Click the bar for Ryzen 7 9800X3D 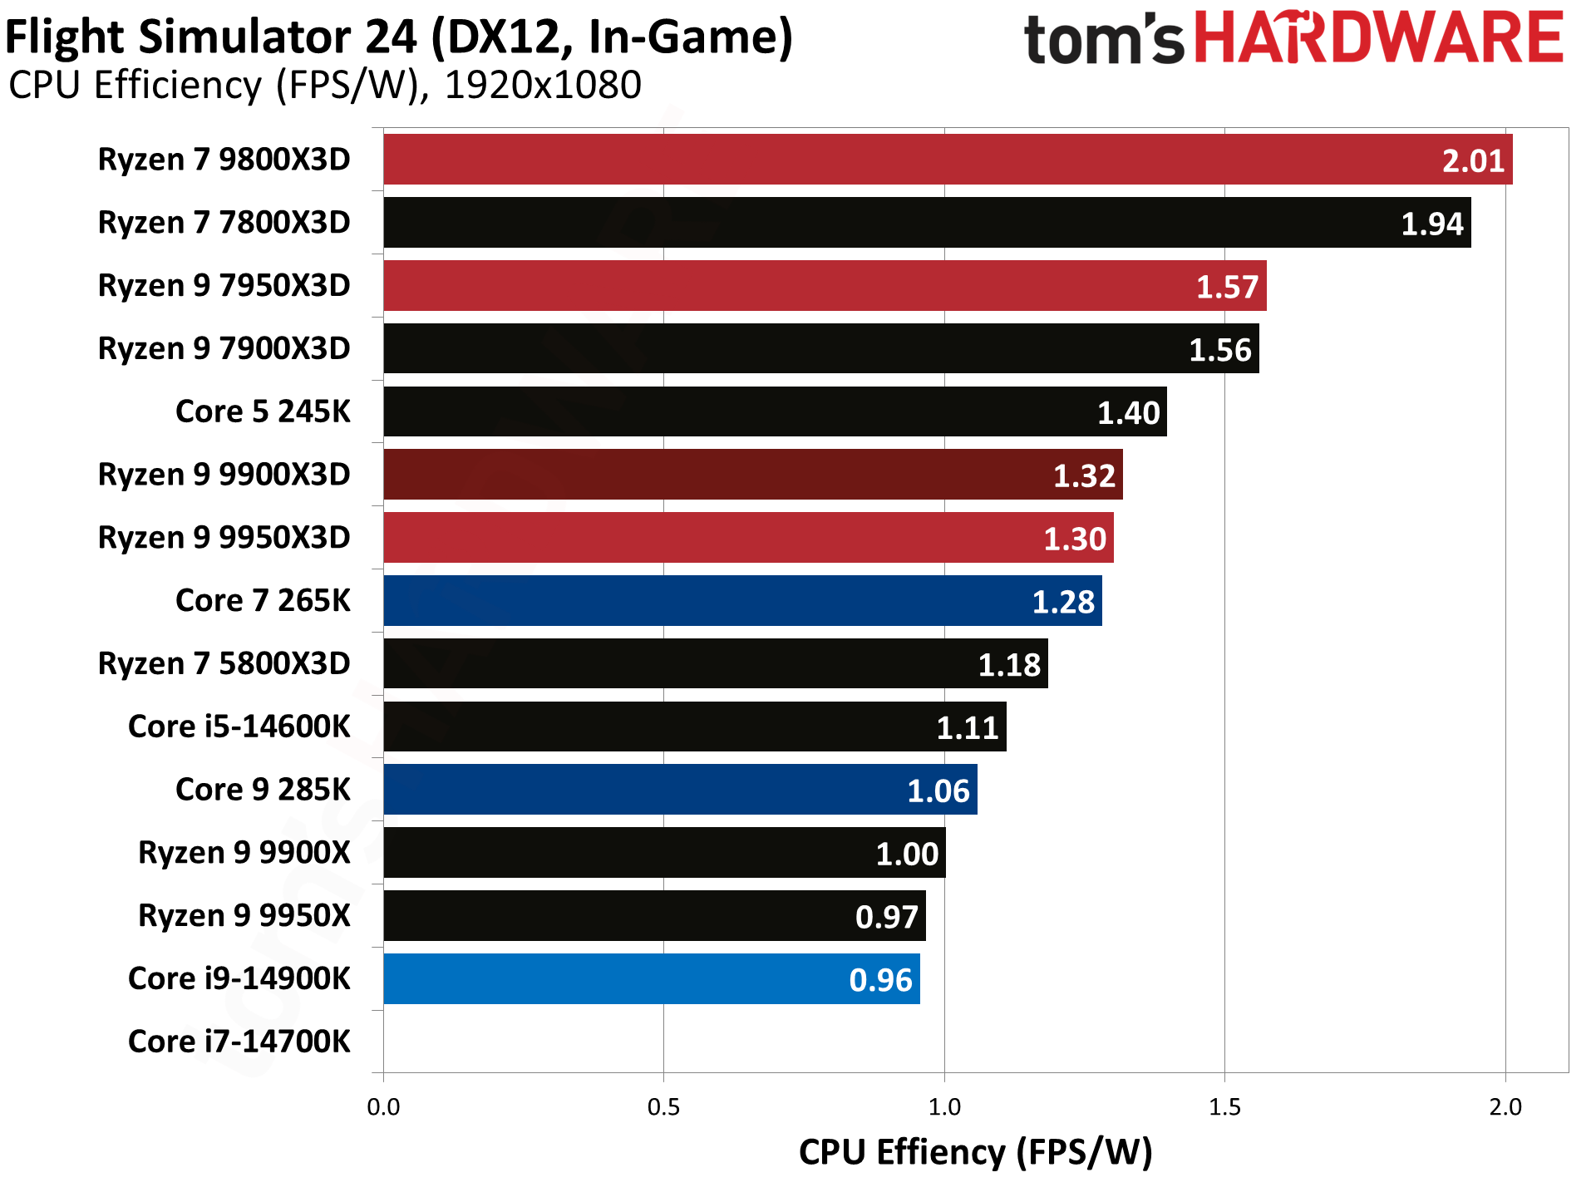click(x=948, y=160)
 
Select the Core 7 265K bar click(x=742, y=601)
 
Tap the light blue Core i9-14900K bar click(x=652, y=979)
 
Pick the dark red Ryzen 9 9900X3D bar click(x=753, y=475)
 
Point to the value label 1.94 click(x=1431, y=224)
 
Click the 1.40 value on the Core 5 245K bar click(x=1128, y=413)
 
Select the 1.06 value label click(x=938, y=791)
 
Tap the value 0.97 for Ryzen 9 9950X click(x=886, y=917)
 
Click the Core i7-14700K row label click(x=239, y=1042)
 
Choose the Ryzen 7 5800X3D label click(x=224, y=664)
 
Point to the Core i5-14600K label click(x=239, y=727)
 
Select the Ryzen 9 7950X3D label click(x=224, y=286)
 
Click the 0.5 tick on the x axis click(x=663, y=1107)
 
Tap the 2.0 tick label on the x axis click(x=1505, y=1107)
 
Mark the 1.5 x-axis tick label click(x=1224, y=1107)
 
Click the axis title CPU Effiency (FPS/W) click(x=975, y=1153)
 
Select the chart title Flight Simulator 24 click(x=399, y=37)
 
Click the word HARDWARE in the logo click(x=1379, y=39)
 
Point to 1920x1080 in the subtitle click(x=543, y=85)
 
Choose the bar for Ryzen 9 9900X click(x=664, y=853)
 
